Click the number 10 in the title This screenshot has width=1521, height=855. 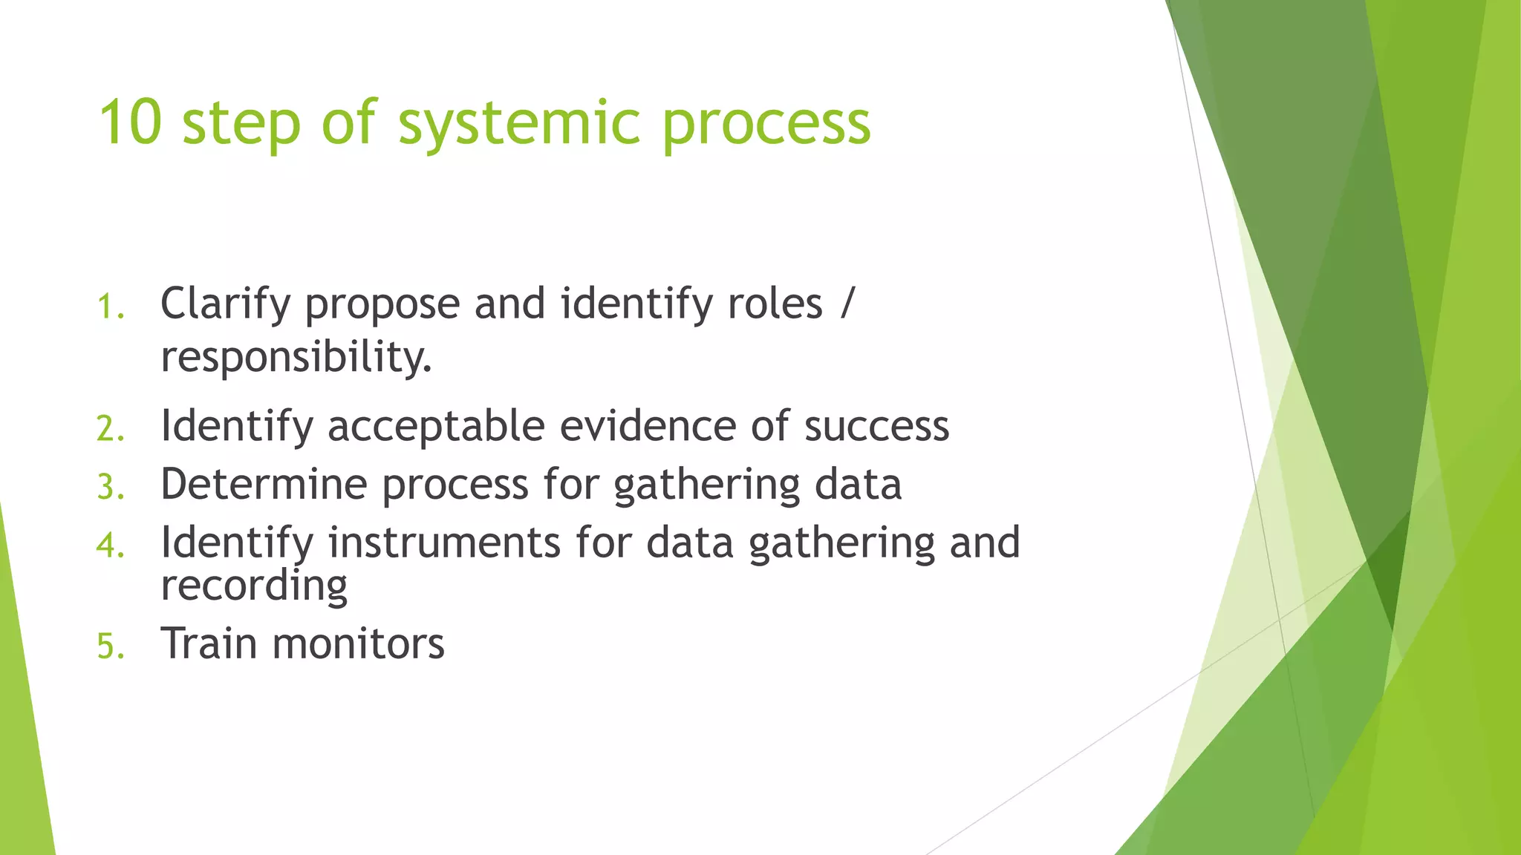tap(130, 122)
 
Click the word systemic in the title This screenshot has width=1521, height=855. tap(518, 124)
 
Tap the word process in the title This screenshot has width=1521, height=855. tap(766, 124)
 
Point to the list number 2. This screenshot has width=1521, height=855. tap(111, 430)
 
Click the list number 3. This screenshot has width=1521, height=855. tap(111, 488)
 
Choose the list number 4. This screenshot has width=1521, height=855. tap(111, 546)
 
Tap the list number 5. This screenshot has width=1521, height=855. tap(111, 646)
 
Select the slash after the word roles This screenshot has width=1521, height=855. tap(847, 304)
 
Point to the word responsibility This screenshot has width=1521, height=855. tap(296, 358)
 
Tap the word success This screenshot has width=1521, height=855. tap(876, 427)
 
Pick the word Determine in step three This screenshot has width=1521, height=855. tap(264, 485)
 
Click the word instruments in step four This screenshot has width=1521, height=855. tap(444, 543)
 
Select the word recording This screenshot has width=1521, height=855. tap(254, 587)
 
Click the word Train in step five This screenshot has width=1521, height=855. tap(209, 643)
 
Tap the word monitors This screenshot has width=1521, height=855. tap(358, 643)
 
